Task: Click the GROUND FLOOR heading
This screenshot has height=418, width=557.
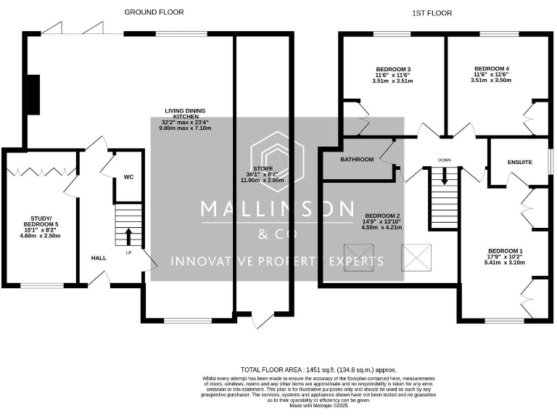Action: (x=154, y=12)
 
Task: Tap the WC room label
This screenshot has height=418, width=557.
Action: (x=128, y=176)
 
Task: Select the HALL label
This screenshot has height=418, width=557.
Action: (x=99, y=258)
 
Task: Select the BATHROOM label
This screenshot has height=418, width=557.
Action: (x=357, y=160)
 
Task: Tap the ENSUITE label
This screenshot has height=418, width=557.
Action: (x=519, y=163)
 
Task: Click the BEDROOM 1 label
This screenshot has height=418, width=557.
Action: (x=505, y=251)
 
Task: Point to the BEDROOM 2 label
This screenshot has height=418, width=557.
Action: (x=382, y=216)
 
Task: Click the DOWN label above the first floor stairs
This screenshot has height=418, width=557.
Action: (x=445, y=160)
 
